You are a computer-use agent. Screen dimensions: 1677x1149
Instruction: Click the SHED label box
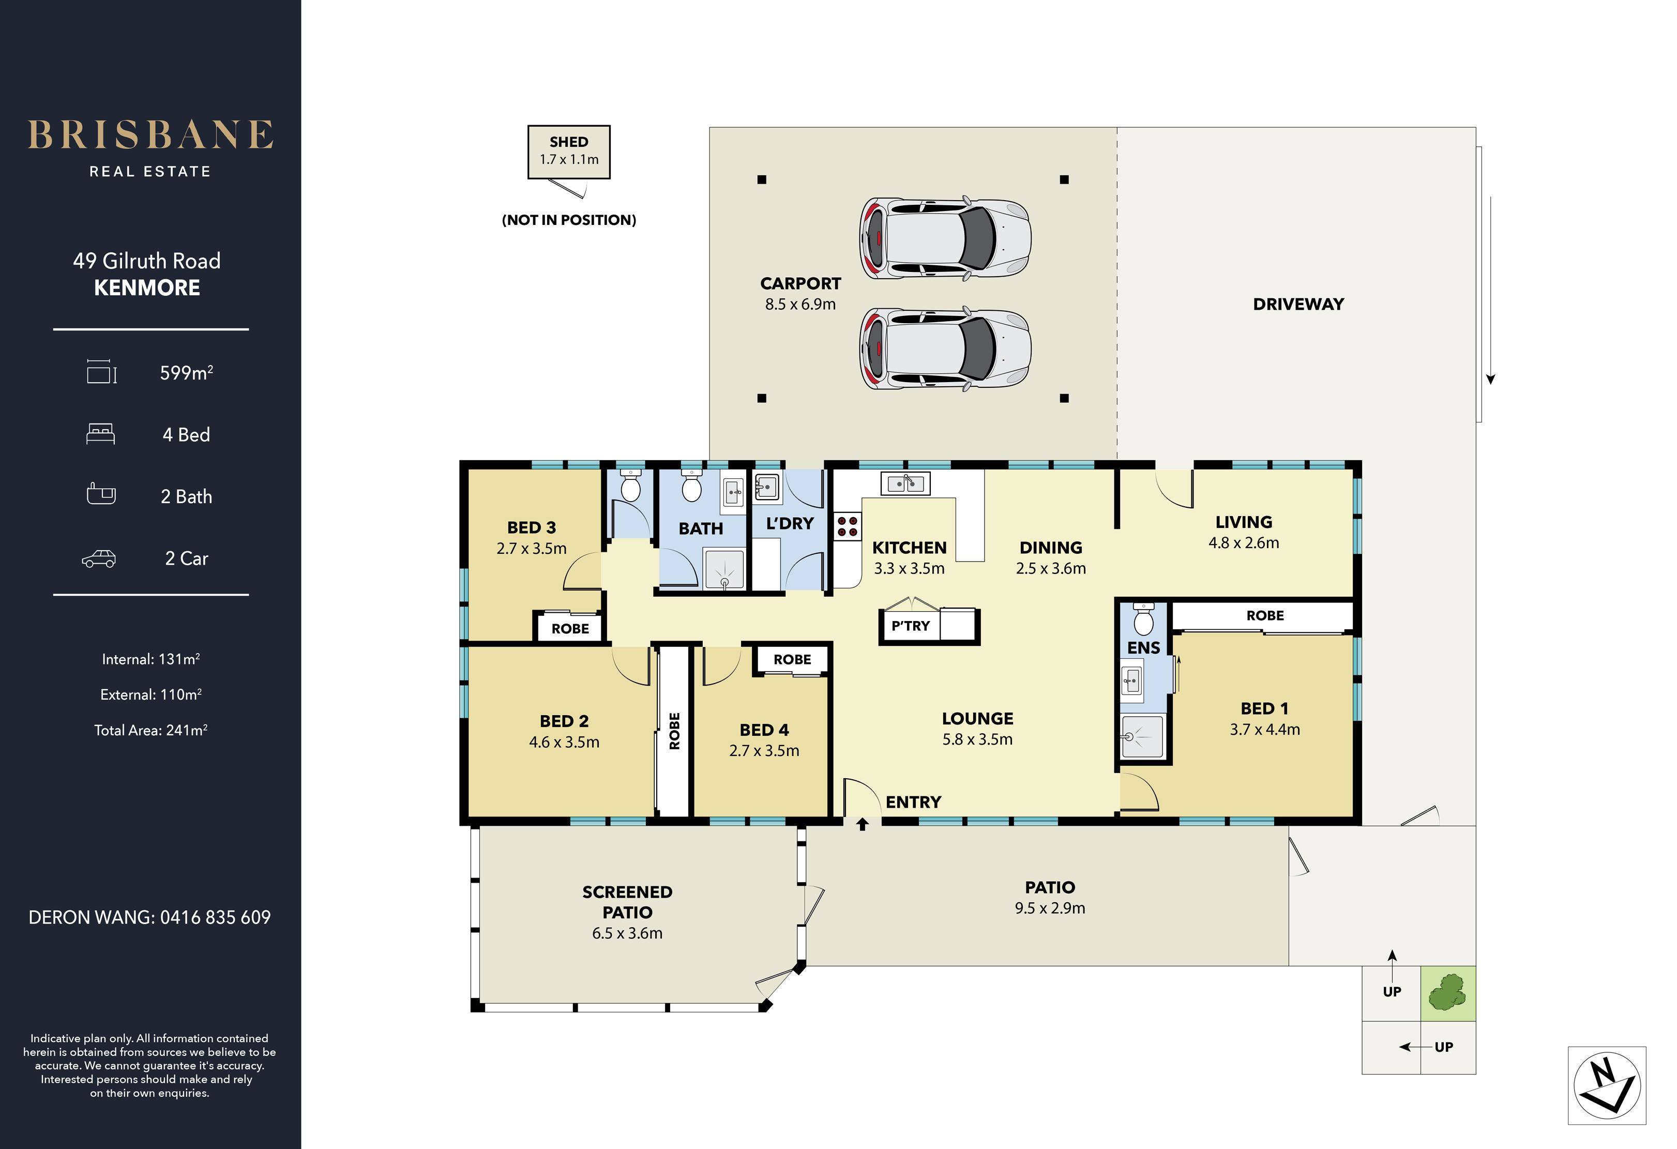569,152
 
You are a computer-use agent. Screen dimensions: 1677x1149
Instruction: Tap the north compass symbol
1607,1085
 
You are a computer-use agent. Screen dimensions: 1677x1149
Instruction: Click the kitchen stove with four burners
848,526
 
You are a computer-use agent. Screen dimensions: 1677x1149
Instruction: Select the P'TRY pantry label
911,626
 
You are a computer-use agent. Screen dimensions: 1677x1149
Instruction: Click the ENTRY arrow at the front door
863,824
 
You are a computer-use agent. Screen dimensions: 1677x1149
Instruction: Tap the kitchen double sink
905,483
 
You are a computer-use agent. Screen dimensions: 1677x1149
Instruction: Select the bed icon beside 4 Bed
100,434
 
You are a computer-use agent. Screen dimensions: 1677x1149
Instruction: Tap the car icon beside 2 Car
99,558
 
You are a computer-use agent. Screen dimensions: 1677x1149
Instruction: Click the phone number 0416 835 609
215,917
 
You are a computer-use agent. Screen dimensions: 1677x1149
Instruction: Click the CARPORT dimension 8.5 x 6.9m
800,305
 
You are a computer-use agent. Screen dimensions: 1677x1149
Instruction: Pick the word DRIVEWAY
1298,305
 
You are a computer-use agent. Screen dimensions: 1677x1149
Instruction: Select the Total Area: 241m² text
151,730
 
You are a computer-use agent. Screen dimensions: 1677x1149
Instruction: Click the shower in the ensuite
1142,736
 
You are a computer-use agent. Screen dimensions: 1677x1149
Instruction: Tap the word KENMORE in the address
147,288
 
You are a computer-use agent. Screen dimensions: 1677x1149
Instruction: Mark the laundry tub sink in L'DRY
766,487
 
